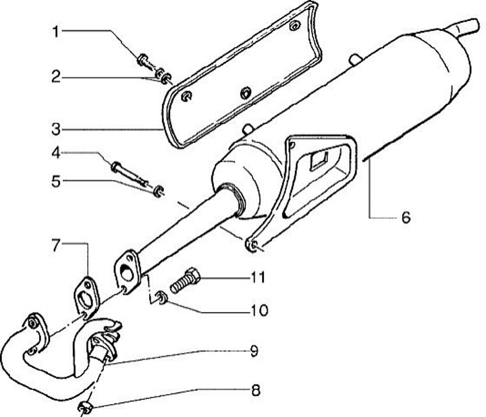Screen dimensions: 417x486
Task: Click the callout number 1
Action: [58, 31]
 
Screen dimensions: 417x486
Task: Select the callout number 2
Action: [58, 77]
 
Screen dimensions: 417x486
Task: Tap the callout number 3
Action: [58, 128]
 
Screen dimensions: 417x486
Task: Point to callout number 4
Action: [58, 154]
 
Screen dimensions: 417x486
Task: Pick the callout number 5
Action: [58, 180]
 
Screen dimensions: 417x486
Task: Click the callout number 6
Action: [405, 217]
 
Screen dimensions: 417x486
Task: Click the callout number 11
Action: [259, 277]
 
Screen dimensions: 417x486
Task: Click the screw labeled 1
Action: [145, 62]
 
